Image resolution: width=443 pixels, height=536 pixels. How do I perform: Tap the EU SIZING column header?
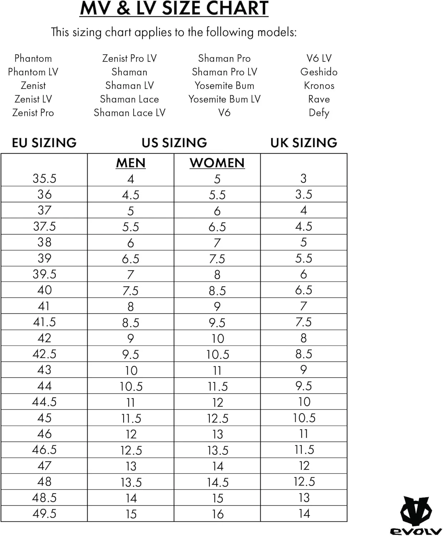click(44, 143)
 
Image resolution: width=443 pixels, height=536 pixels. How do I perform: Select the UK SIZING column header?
click(304, 143)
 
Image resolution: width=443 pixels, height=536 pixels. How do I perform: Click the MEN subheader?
click(131, 163)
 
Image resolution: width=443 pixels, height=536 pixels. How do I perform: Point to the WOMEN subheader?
click(217, 163)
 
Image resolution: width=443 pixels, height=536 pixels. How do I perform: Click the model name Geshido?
click(319, 72)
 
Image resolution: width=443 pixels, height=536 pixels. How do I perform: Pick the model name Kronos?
click(319, 85)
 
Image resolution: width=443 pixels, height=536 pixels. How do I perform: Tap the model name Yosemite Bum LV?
click(224, 99)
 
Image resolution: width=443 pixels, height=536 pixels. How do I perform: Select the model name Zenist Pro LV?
click(129, 58)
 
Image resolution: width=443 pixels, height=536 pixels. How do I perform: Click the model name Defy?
click(319, 113)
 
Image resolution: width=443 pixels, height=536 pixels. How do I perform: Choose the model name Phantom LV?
click(33, 72)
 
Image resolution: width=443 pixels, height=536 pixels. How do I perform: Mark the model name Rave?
click(319, 99)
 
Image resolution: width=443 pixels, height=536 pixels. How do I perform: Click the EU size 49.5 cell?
click(44, 513)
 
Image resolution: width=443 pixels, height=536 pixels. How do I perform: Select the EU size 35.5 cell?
click(44, 178)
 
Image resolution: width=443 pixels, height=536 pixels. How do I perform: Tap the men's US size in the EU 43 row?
click(131, 370)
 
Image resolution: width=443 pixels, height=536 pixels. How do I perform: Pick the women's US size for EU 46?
click(217, 434)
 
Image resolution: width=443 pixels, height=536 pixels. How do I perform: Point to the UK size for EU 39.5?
click(304, 274)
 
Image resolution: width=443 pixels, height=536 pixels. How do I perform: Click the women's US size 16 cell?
click(217, 514)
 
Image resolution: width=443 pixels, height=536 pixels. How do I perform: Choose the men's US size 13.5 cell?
click(131, 482)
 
